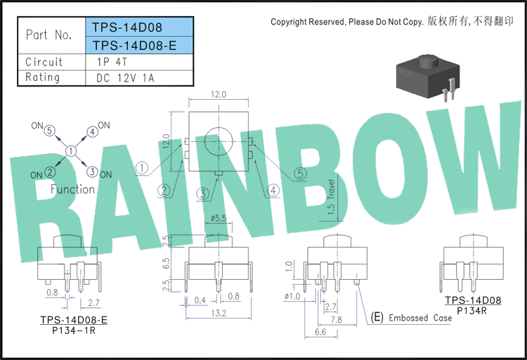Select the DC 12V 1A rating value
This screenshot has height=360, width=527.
[x=125, y=78]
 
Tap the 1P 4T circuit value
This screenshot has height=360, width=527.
[x=112, y=62]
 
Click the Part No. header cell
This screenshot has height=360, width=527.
[x=48, y=34]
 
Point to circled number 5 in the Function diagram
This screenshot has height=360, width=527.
[x=50, y=131]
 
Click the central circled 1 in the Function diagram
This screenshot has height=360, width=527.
[x=71, y=151]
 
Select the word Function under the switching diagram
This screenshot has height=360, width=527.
[x=72, y=189]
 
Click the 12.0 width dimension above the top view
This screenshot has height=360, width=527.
[x=219, y=94]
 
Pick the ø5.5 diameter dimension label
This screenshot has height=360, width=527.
[x=219, y=218]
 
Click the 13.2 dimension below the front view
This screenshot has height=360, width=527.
[x=219, y=313]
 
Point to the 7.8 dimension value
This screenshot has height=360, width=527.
[x=337, y=320]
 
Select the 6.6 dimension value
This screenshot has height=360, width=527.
[x=320, y=332]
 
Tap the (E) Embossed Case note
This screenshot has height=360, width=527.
[x=411, y=317]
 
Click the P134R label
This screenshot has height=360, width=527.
[x=472, y=311]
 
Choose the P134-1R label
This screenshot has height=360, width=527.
[x=74, y=330]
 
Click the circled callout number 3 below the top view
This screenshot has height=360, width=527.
[x=203, y=194]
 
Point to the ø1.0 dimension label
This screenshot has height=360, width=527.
[x=292, y=297]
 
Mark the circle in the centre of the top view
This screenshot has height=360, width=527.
[x=219, y=128]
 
